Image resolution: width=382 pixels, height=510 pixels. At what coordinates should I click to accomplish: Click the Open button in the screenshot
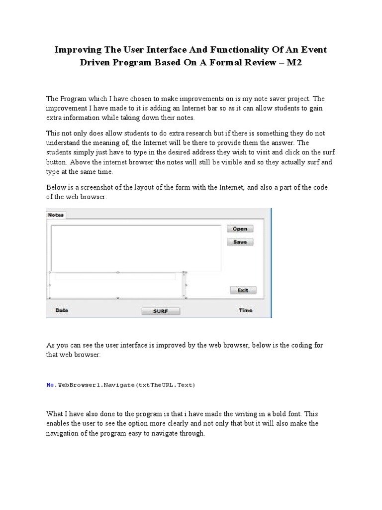(x=240, y=229)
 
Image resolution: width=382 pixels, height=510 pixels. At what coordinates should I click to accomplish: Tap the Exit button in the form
(x=243, y=290)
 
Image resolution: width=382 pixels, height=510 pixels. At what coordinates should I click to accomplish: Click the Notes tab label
(x=56, y=215)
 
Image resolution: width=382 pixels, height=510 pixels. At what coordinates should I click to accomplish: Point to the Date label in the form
(x=62, y=310)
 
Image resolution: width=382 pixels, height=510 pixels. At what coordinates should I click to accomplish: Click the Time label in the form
(x=245, y=310)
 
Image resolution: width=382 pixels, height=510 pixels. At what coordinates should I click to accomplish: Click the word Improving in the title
(x=78, y=50)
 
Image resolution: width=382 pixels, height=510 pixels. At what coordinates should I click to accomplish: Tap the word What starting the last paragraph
(x=56, y=414)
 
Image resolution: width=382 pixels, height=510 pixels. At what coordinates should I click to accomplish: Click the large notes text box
(x=136, y=248)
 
